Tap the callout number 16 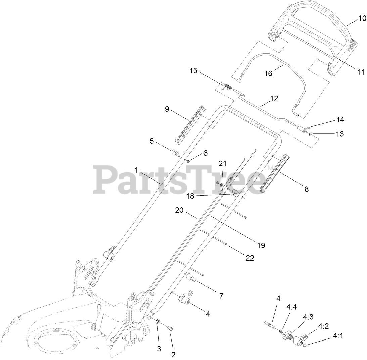(268, 73)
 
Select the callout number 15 (193, 71)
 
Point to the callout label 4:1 (338, 336)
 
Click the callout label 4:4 (291, 307)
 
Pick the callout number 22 (249, 258)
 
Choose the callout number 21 (223, 164)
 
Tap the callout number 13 (340, 134)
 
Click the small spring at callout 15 (228, 87)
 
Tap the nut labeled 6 (188, 161)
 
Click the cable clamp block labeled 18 (235, 193)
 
